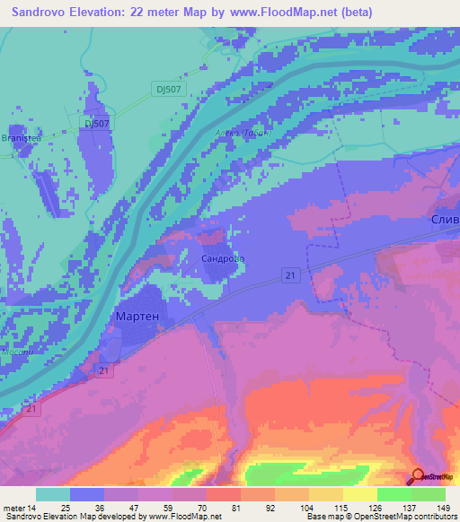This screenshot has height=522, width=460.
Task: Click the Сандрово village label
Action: pyautogui.click(x=221, y=258)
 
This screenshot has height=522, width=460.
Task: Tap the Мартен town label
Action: pyautogui.click(x=138, y=317)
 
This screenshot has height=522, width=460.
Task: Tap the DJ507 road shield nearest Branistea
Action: pyautogui.click(x=95, y=123)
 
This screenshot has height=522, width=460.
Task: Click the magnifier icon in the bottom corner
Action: pyautogui.click(x=418, y=477)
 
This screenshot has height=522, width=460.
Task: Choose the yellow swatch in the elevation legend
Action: pyautogui.click(x=359, y=494)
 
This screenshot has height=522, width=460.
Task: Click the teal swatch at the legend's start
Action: pyautogui.click(x=53, y=494)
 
